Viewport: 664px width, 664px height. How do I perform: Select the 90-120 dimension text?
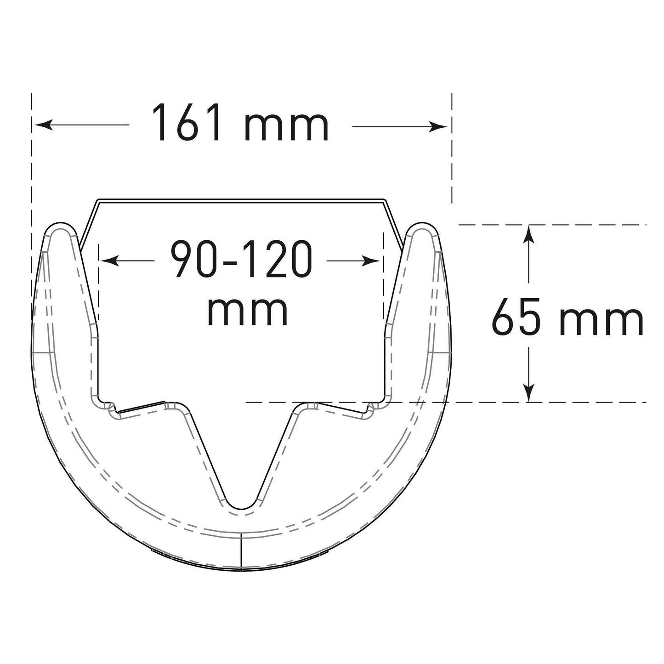[x=242, y=261]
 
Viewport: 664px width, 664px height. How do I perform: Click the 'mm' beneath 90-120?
[x=248, y=312]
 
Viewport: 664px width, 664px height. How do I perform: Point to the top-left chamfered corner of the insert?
[x=96, y=202]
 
